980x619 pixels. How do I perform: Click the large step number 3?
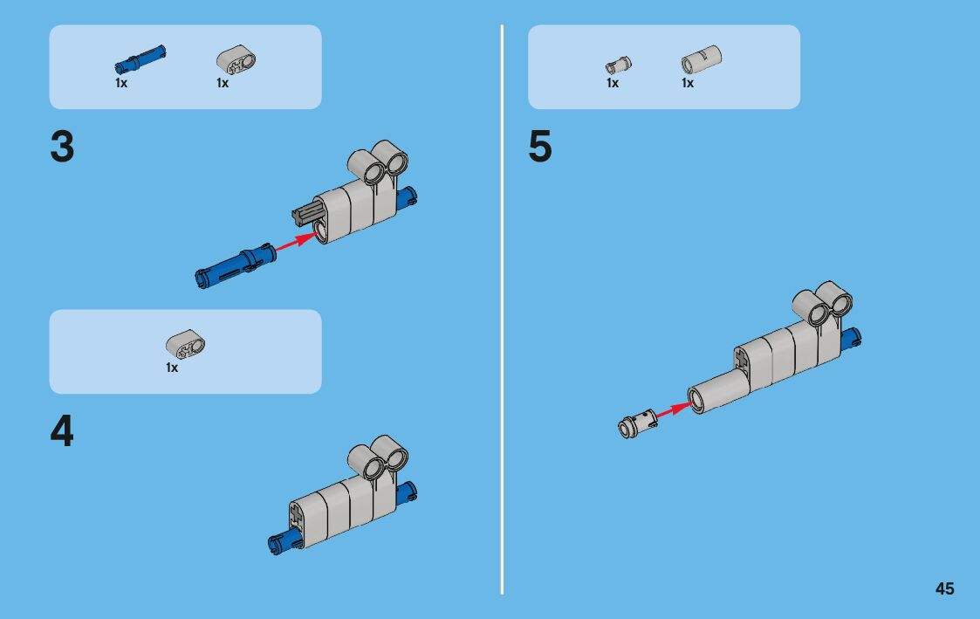[62, 148]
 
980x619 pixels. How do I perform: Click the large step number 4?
[62, 432]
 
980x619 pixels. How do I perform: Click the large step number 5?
[540, 148]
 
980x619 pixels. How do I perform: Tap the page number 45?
[944, 588]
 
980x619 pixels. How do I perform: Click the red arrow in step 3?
[295, 242]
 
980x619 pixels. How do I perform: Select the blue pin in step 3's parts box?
[140, 58]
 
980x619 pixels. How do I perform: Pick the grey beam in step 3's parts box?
[236, 61]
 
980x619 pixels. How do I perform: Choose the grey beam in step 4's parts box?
[185, 344]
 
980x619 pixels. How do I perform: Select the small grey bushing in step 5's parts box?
[618, 65]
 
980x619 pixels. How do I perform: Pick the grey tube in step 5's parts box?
[700, 60]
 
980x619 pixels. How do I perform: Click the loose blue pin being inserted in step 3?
[234, 264]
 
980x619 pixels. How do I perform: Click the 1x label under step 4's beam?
[172, 368]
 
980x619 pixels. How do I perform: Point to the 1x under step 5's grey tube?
[688, 84]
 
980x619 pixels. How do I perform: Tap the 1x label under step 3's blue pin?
[121, 84]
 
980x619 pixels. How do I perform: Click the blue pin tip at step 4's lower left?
[278, 544]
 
